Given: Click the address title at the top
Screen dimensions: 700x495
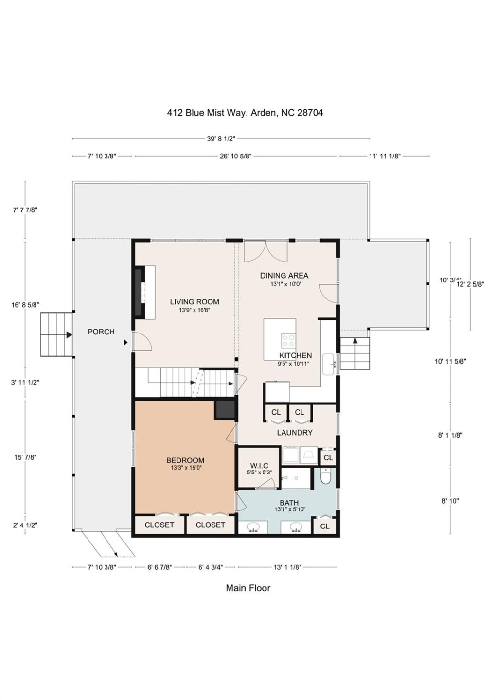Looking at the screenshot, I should coord(245,113).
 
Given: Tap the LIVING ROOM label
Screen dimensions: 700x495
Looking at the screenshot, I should coord(194,302).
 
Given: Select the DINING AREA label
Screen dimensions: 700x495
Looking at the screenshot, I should coord(284,276).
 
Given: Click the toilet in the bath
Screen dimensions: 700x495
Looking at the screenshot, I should coord(326,476).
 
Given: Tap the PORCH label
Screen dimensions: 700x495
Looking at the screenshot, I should coord(101,332).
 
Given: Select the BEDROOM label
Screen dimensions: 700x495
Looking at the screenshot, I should coord(185,460).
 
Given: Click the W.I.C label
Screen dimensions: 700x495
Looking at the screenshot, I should coord(259,466).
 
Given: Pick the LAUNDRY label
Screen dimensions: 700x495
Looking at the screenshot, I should coord(295,432).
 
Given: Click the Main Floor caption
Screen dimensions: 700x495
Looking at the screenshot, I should coord(247,588).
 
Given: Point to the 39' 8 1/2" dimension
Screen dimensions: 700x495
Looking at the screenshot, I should coord(221,139).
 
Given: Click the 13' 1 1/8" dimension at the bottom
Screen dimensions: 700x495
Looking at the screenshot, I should coord(287,567).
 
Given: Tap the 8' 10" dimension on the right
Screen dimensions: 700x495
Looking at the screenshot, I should coord(450,501).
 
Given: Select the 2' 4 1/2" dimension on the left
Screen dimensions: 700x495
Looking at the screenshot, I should coord(25,525).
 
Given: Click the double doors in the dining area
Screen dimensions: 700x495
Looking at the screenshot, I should coord(265,250).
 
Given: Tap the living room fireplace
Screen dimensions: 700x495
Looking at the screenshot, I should coord(140,292).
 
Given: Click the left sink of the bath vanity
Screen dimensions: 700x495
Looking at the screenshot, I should coord(253,527).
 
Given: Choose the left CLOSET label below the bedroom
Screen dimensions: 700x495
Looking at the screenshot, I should coord(159,525).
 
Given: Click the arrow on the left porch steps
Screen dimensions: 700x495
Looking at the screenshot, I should coord(69,334).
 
